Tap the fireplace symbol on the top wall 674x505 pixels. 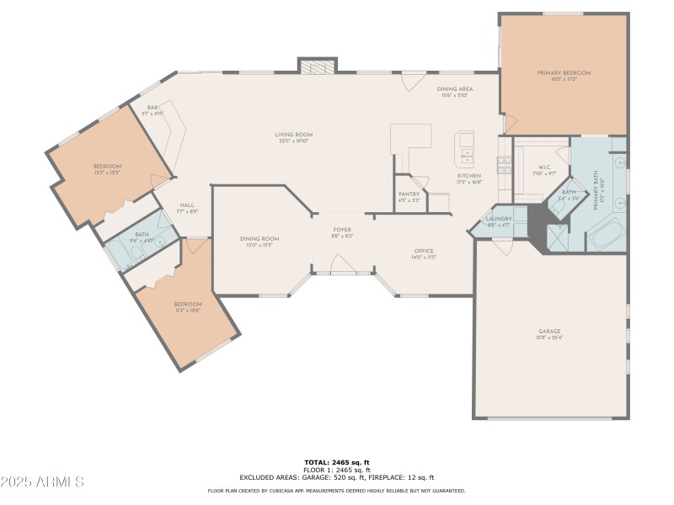point(317,66)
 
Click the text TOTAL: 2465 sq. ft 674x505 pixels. point(336,462)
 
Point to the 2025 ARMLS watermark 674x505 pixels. point(42,482)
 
